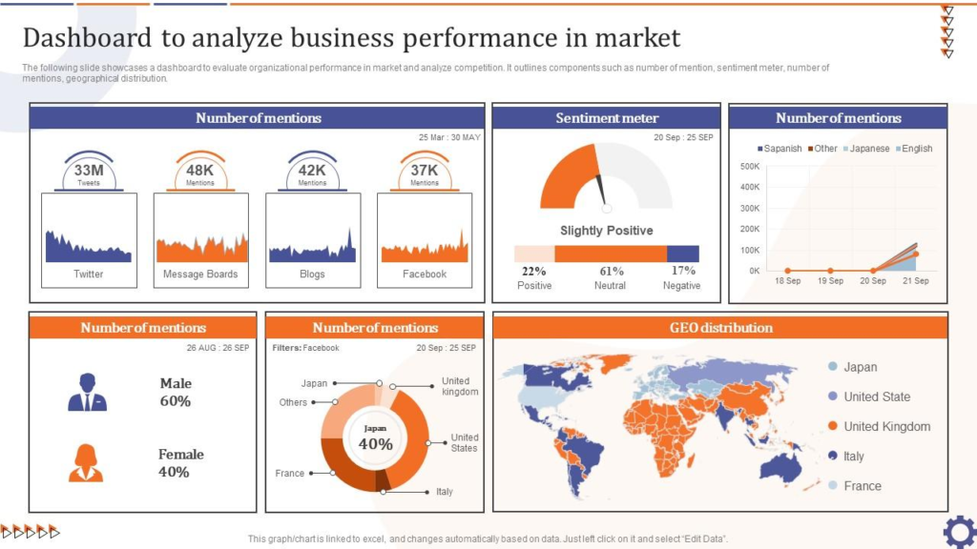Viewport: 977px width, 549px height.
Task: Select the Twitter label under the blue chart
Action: pos(89,274)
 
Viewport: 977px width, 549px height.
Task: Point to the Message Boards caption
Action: pos(200,274)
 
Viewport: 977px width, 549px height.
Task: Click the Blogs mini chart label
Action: pos(312,274)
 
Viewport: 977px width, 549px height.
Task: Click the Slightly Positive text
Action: pos(607,231)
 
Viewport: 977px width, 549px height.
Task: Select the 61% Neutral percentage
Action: pos(612,272)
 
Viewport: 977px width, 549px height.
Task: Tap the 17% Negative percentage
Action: pos(683,271)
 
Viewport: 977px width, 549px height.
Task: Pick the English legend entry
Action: pos(916,149)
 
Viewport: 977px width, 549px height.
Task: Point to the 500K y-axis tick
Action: pos(749,166)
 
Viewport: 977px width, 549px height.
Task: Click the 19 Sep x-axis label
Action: pos(830,281)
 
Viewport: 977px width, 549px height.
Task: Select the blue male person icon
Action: pos(87,392)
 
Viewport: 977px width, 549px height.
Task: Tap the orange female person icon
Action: pos(86,463)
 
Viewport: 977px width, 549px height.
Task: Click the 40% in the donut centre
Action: pos(375,443)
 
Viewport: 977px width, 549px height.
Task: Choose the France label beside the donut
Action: pos(290,474)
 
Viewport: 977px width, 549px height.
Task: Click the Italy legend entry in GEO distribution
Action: pos(853,457)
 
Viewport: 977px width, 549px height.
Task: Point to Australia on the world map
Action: pos(780,467)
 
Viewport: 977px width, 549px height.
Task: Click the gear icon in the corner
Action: pos(958,530)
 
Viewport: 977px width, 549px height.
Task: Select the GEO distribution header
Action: pos(720,328)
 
